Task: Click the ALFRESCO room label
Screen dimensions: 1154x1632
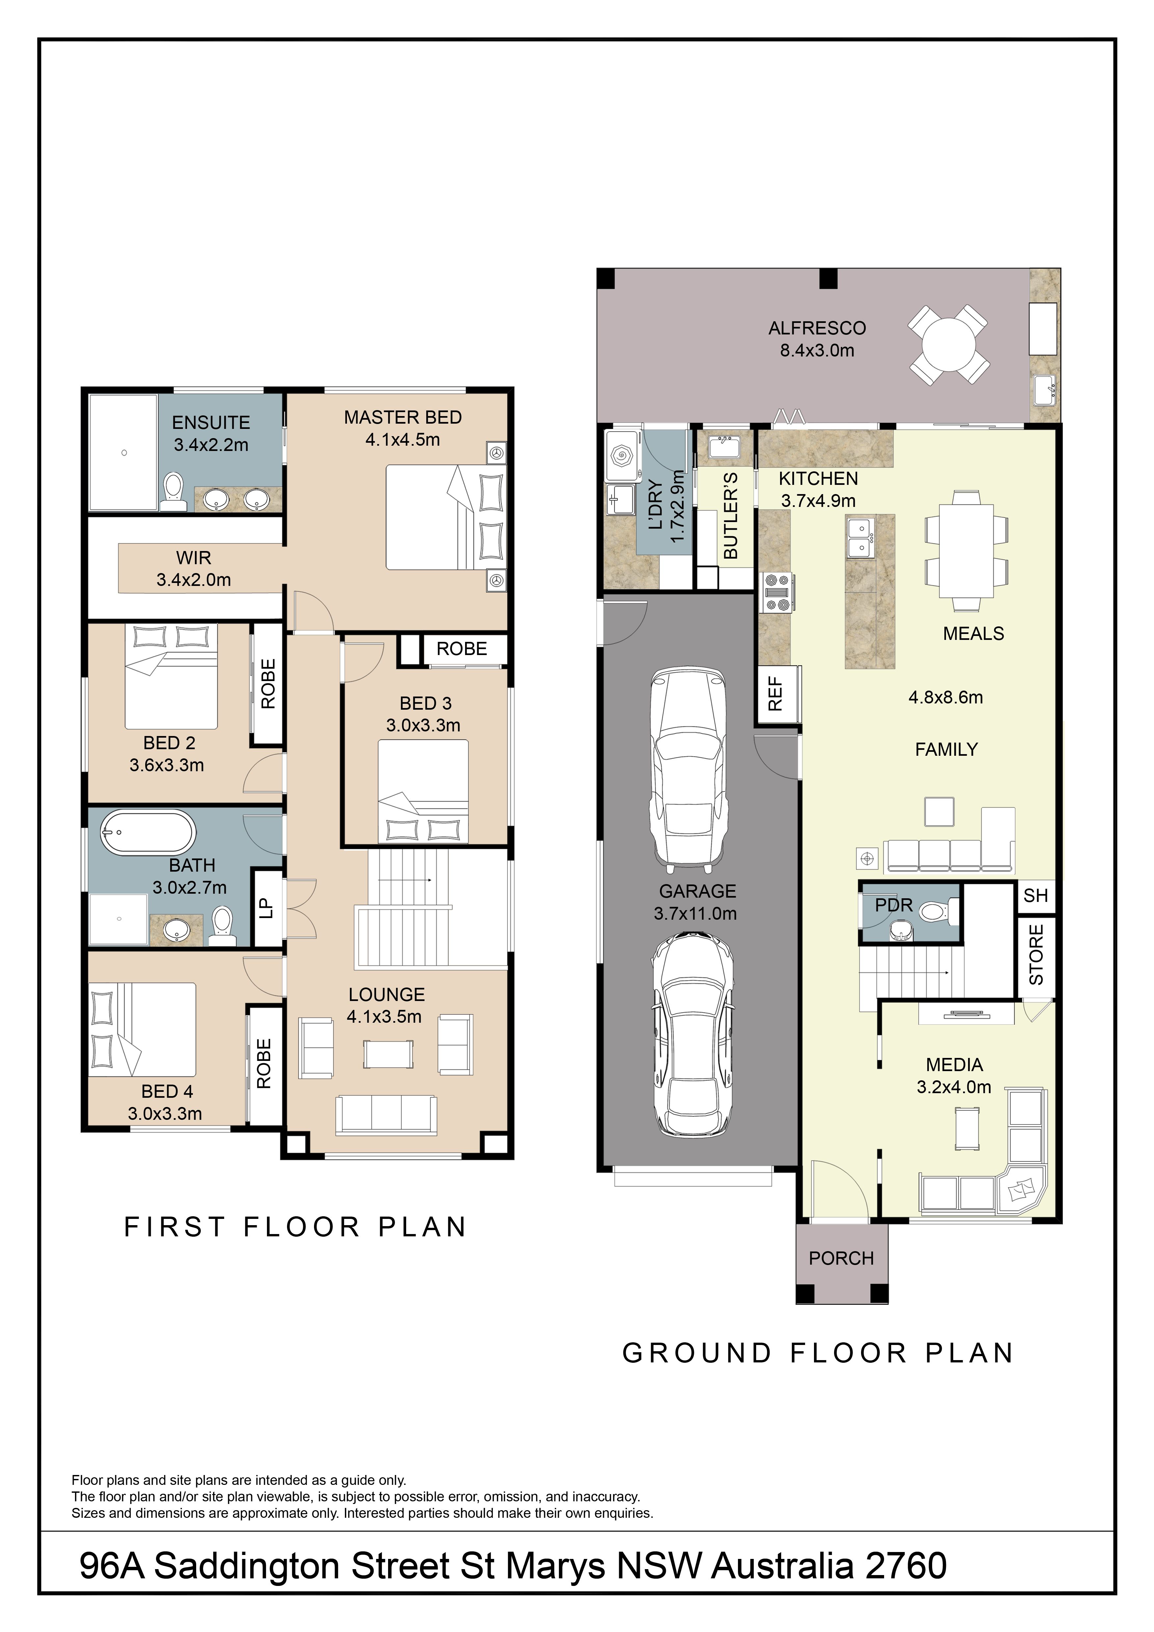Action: [817, 329]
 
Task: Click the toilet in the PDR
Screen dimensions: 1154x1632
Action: [938, 911]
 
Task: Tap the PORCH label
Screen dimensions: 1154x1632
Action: [841, 1258]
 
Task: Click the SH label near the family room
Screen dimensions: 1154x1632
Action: [1035, 896]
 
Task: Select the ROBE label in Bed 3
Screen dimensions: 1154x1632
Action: [462, 649]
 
